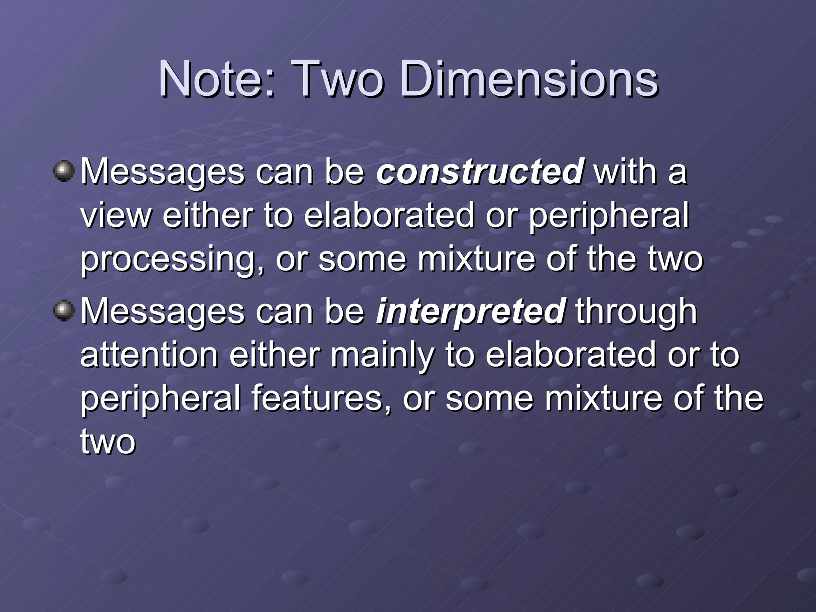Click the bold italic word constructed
click(x=480, y=172)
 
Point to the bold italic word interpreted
click(x=471, y=311)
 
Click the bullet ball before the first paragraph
click(x=63, y=171)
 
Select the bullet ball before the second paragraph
click(x=63, y=311)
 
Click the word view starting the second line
click(x=116, y=216)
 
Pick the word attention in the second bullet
click(x=149, y=355)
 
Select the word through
click(x=636, y=311)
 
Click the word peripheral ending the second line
click(x=608, y=216)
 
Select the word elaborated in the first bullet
click(x=389, y=216)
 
